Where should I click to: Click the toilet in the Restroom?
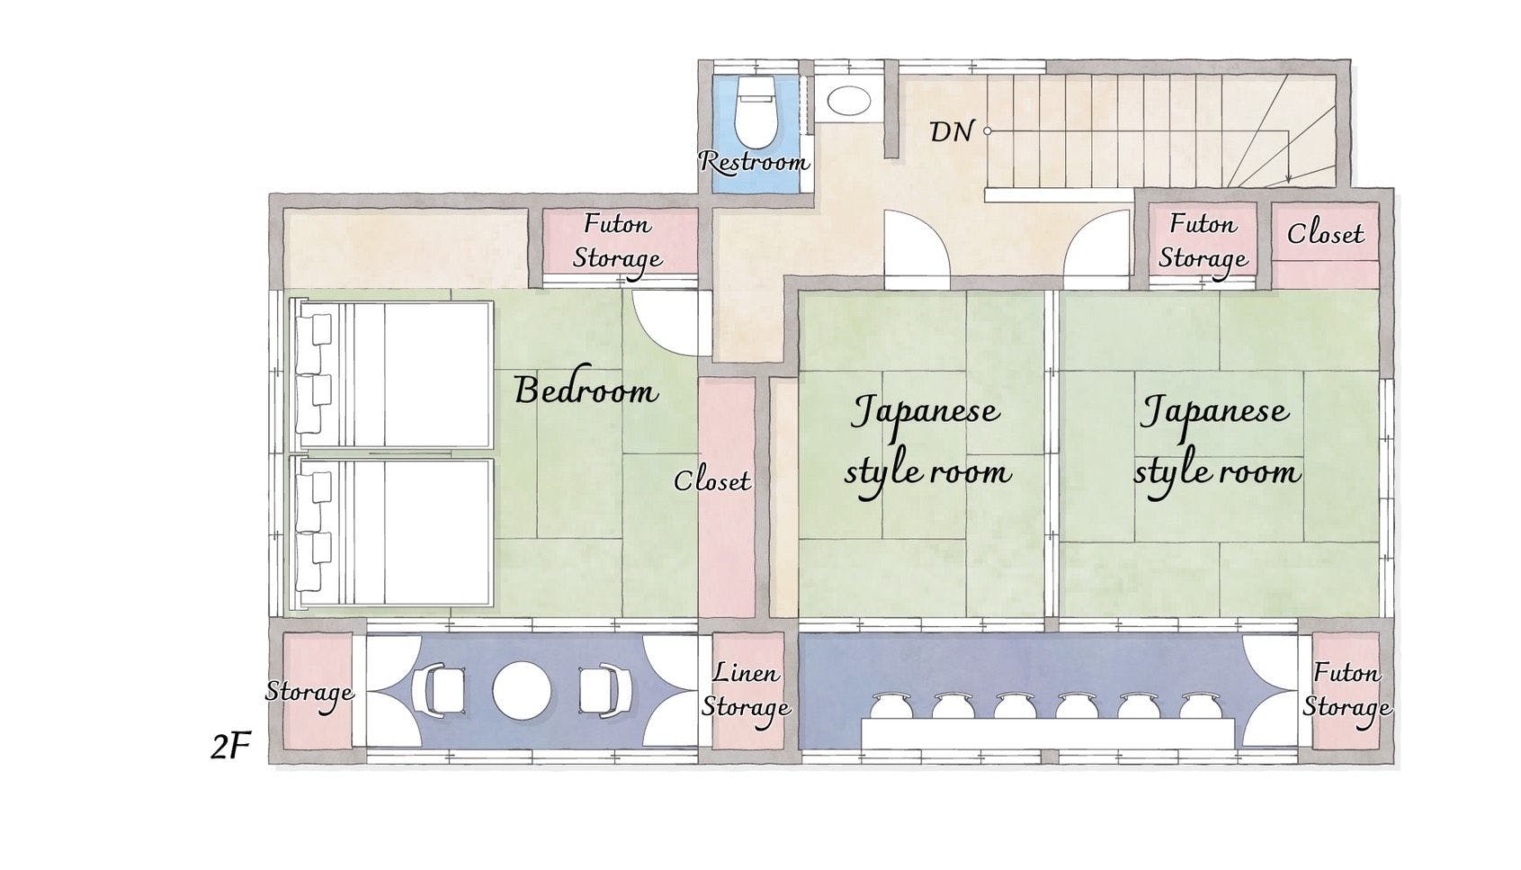755,112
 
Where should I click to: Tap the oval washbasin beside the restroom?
848,102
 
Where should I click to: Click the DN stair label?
952,131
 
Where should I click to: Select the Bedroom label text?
586,390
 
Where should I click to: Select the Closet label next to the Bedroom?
712,481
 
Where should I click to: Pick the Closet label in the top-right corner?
1325,234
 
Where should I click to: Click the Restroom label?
754,162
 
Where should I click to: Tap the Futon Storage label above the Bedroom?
617,242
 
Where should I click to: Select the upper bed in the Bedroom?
391,375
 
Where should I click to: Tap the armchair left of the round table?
443,690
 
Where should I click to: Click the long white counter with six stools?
1048,734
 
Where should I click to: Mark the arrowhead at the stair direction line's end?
1288,179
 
